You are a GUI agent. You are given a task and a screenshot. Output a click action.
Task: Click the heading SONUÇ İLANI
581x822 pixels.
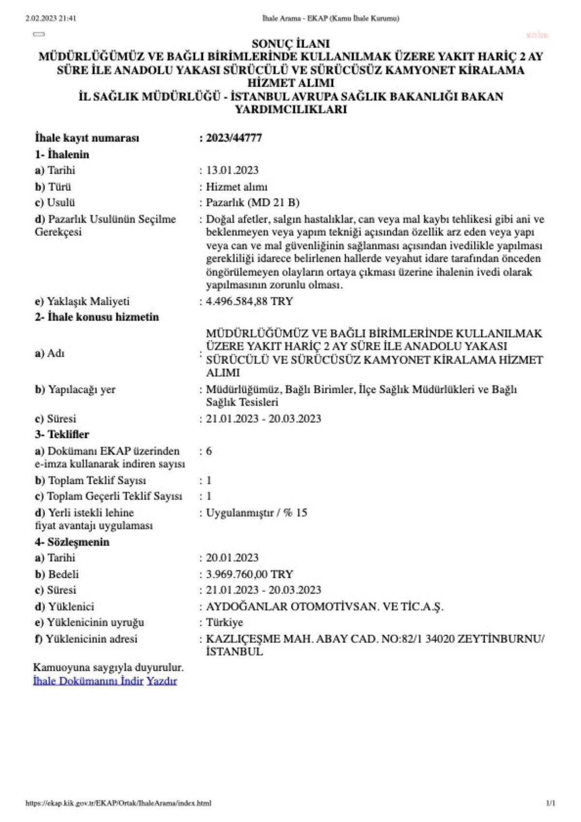point(290,44)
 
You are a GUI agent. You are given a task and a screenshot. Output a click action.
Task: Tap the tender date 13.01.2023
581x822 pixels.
point(232,171)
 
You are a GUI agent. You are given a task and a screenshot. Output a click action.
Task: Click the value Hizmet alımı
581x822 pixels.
point(236,187)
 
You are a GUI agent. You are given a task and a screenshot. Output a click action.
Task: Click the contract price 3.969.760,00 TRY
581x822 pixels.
point(249,574)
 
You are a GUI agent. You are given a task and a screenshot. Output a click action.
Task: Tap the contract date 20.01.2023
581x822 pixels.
point(232,558)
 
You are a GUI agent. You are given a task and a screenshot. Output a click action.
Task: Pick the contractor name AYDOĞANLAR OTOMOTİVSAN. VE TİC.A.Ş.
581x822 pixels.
point(324,607)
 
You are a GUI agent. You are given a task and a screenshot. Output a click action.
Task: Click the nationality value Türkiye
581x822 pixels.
point(225,622)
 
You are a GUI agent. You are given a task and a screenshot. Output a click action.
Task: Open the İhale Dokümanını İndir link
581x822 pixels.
point(88,681)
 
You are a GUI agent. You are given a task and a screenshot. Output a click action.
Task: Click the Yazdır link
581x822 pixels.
point(162,681)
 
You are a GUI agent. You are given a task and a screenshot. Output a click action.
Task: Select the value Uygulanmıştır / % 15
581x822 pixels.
point(257,513)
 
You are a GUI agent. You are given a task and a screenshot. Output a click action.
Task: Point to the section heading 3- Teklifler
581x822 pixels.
point(62,434)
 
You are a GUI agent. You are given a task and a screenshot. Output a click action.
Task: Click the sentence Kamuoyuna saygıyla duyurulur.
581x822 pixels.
point(109,667)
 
